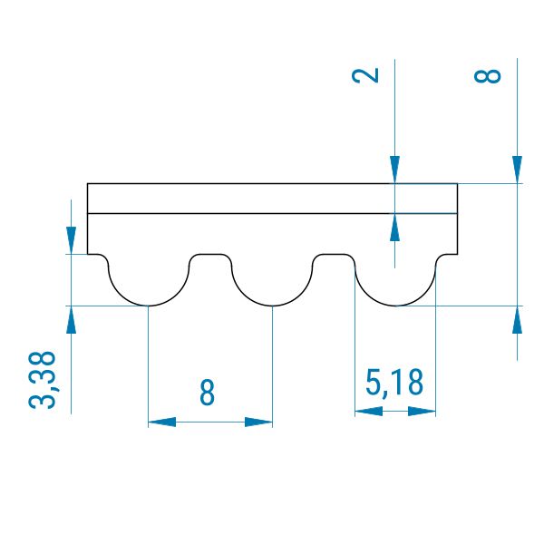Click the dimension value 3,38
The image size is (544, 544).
click(42, 380)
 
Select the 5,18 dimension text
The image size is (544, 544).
click(394, 383)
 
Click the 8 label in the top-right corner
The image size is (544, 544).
click(488, 75)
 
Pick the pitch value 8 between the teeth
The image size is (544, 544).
click(207, 393)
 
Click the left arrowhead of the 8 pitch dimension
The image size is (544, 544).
click(162, 423)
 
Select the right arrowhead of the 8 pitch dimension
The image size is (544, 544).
click(258, 423)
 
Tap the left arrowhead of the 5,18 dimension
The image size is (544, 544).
click(369, 412)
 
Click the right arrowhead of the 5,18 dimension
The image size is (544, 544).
click(422, 412)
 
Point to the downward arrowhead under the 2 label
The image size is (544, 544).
click(394, 170)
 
